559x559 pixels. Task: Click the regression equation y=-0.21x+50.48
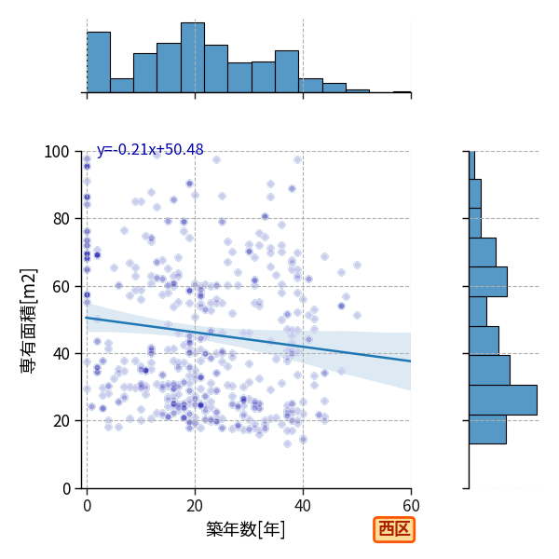150,150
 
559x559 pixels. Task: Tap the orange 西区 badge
394,529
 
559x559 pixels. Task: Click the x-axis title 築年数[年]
246,529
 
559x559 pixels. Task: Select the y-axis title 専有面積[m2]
29,320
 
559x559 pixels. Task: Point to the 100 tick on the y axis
56,152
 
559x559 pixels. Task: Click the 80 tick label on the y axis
61,219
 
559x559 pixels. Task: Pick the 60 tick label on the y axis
61,287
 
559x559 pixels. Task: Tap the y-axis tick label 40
61,354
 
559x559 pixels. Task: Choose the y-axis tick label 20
61,421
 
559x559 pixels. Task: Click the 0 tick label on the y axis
66,489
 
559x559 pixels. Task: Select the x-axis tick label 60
411,506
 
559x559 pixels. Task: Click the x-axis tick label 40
303,506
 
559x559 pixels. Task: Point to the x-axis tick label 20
195,506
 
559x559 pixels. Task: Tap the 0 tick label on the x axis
87,506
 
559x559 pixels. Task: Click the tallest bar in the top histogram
193,58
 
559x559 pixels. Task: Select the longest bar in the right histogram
503,400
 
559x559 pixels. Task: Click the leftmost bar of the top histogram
99,62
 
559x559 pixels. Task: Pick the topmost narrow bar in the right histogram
472,165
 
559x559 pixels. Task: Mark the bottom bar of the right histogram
487,429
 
